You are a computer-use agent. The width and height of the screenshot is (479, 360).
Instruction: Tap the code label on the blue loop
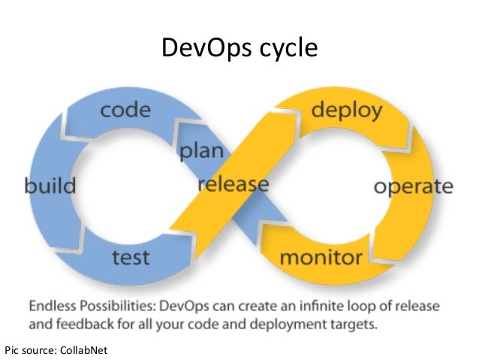click(x=125, y=110)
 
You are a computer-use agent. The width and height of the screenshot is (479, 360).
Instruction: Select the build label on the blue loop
click(x=50, y=184)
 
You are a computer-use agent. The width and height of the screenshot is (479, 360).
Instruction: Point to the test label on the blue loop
click(x=131, y=258)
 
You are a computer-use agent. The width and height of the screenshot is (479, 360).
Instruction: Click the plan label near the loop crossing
click(x=201, y=150)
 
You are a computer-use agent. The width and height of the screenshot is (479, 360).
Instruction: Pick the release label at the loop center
click(x=233, y=183)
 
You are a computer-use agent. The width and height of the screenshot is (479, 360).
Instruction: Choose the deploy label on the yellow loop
click(x=347, y=111)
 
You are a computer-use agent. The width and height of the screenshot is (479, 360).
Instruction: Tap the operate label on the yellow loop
click(x=413, y=186)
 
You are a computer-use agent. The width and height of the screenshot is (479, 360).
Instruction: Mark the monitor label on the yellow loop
click(x=321, y=258)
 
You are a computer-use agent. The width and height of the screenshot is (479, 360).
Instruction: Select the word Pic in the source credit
click(x=13, y=349)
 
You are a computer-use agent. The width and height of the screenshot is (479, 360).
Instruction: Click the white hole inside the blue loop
click(x=128, y=184)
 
